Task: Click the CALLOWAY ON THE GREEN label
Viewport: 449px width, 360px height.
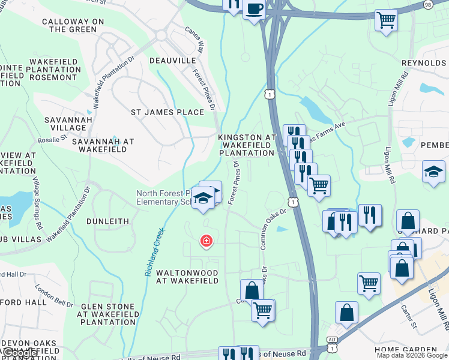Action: coord(73,25)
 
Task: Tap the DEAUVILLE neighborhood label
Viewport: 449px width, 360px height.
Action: coord(173,61)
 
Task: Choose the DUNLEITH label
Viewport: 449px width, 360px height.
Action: coord(107,221)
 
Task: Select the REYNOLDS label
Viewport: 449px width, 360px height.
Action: coord(425,63)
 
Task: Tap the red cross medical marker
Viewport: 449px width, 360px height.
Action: coord(206,241)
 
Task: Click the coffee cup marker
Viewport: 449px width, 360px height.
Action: coord(254,8)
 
